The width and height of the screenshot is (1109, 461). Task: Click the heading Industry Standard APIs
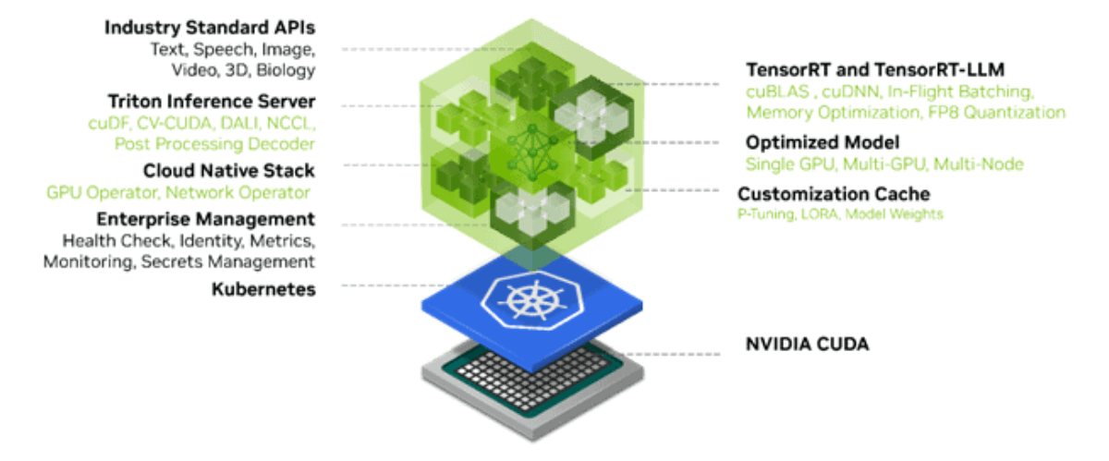(x=210, y=28)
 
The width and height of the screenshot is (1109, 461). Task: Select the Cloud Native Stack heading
(x=228, y=171)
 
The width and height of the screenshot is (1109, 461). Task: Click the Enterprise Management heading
(x=206, y=220)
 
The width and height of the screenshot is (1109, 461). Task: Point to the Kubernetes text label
(x=263, y=289)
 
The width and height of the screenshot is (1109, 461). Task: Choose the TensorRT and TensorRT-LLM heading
(x=875, y=70)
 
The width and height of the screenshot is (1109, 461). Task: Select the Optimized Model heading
(x=823, y=142)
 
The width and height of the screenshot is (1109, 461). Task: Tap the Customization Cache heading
(x=834, y=194)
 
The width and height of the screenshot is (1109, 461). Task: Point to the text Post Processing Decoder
(x=214, y=144)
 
